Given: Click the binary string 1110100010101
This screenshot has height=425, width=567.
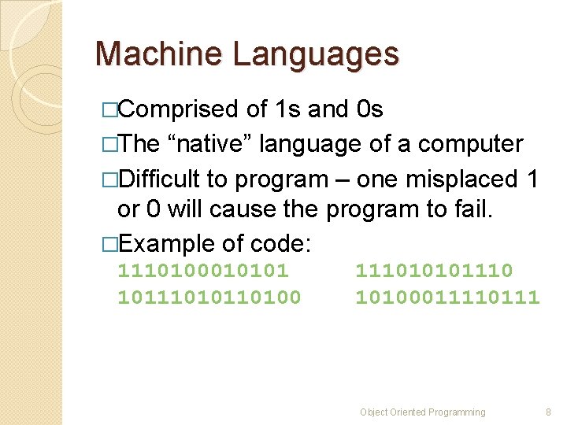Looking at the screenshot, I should pos(203,271).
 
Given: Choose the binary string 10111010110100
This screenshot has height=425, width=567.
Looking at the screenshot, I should pos(209,297).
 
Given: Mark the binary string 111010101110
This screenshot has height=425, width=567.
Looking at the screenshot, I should pos(434,271).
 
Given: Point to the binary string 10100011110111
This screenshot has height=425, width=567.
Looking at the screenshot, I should pos(447,297).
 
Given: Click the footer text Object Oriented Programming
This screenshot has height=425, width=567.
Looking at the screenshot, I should pos(423,412).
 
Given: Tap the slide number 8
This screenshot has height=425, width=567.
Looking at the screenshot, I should pos(548,412).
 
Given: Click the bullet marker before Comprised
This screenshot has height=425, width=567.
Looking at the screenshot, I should pos(109,110).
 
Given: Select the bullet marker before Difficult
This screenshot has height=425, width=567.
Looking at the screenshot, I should pos(109,179).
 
